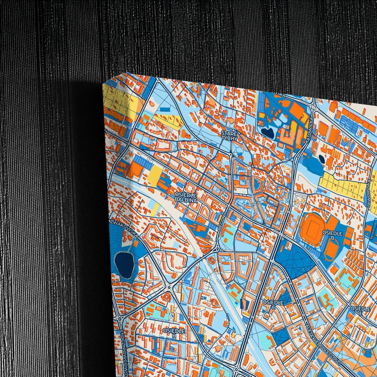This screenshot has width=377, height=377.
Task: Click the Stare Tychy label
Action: point(229,136)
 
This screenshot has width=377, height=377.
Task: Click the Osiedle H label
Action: point(174,333)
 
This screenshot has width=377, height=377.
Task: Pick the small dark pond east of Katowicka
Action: point(321,159)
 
